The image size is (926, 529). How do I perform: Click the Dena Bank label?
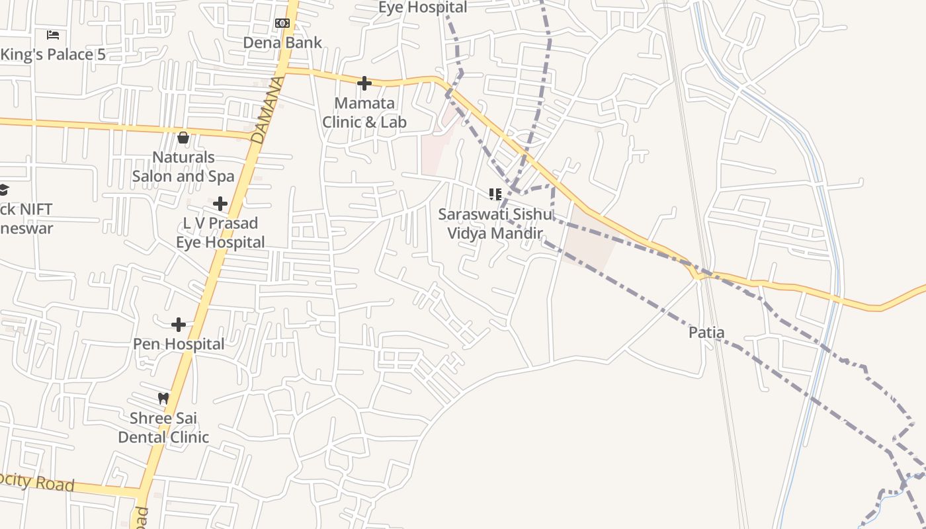pos(282,43)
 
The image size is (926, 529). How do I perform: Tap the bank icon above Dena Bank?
pos(282,23)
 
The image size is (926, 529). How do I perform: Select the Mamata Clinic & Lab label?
pos(364,112)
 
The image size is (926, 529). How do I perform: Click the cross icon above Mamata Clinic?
pos(364,83)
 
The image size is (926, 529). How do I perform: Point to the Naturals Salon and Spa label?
pos(183,167)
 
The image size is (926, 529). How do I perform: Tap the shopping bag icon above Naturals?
pos(183,138)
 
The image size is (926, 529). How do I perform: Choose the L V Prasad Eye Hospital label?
pos(220,233)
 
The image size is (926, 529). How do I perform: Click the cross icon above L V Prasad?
pos(220,204)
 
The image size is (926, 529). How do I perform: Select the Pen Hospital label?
pos(179,345)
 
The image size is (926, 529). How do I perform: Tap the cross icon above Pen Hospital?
pos(179,325)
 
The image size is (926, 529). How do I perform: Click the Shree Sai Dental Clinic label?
pos(163,428)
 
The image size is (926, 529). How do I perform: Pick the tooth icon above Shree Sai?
pos(163,399)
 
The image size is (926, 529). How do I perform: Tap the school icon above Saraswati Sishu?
pos(495,194)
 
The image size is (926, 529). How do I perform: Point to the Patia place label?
pos(706,333)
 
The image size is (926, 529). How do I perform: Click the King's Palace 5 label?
pos(53,55)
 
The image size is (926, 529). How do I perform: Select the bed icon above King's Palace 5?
pos(53,34)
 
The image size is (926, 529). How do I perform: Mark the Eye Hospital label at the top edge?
pos(422,7)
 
